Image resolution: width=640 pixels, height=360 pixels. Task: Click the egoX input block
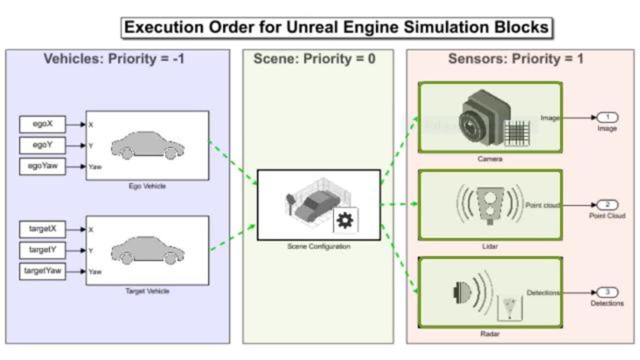tap(42, 124)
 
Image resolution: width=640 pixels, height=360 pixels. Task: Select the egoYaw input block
tap(42, 166)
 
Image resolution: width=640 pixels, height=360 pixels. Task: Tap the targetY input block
tap(42, 250)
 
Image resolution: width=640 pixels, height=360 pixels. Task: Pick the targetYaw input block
tap(42, 271)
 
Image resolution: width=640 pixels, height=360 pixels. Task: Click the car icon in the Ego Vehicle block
tap(147, 145)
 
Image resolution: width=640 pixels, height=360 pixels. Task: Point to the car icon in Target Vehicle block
tap(147, 250)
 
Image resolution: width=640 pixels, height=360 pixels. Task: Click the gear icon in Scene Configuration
tap(345, 220)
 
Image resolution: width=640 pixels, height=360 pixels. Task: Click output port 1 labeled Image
tap(607, 117)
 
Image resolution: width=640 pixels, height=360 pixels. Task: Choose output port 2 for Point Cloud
tap(607, 205)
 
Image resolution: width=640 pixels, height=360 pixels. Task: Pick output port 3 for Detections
tap(607, 292)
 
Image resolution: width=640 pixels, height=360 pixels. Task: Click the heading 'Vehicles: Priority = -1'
tap(114, 59)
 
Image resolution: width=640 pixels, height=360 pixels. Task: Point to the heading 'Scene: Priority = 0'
tap(314, 59)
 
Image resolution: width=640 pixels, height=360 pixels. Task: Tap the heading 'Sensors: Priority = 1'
tap(515, 59)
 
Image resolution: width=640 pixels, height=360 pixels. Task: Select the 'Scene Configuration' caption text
tap(318, 246)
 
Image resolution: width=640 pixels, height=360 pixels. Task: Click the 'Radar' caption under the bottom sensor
tap(489, 333)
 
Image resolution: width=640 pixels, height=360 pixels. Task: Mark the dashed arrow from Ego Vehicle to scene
tap(233, 163)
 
